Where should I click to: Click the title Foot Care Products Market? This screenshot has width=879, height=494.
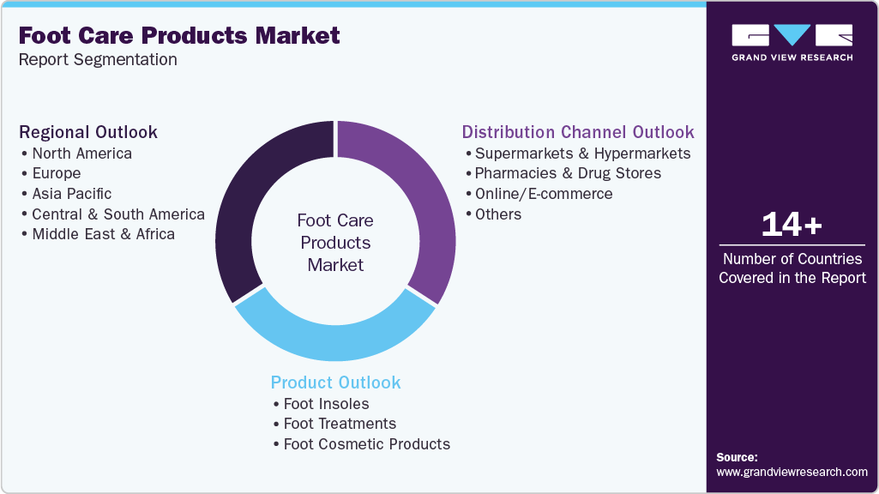179,36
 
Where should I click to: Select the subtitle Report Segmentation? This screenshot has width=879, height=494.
98,60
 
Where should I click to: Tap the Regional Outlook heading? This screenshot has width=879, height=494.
88,132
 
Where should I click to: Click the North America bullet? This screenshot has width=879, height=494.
81,154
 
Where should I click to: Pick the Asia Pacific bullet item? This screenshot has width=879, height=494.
71,194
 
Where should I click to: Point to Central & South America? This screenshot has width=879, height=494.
117,214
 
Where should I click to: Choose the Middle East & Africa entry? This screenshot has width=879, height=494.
103,234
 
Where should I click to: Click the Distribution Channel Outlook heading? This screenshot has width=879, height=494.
577,132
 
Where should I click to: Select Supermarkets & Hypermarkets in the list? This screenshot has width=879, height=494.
582,154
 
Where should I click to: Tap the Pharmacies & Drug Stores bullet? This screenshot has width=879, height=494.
568,173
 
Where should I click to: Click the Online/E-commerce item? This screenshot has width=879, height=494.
544,194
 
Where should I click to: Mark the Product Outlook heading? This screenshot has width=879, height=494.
335,383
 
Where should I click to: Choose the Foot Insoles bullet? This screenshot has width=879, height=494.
326,404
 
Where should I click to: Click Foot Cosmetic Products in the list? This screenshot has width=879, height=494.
366,444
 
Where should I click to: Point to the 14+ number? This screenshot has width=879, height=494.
792,225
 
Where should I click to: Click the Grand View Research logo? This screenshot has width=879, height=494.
792,42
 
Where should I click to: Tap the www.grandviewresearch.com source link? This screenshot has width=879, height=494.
792,472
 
